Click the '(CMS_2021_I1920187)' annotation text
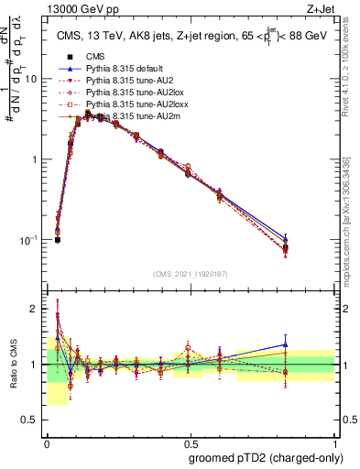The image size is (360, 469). coord(190,274)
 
